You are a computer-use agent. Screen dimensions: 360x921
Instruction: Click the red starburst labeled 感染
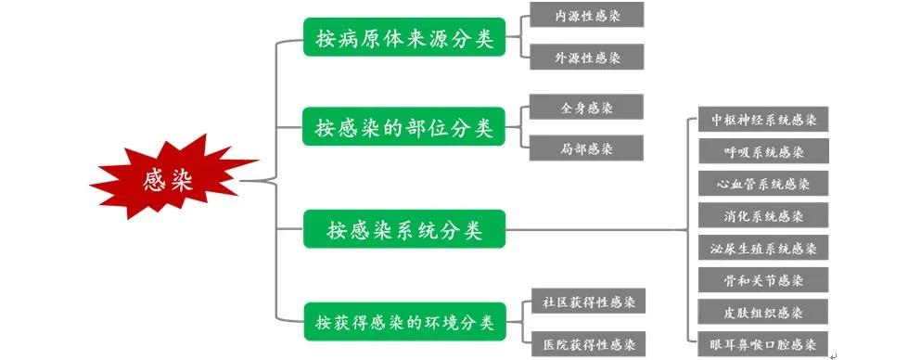point(171,180)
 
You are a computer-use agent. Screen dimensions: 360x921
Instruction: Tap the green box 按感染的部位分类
point(404,126)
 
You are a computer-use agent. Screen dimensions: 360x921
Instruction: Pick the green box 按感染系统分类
point(404,229)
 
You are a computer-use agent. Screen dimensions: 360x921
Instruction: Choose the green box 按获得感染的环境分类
point(404,322)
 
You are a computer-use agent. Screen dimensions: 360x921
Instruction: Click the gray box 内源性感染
point(586,15)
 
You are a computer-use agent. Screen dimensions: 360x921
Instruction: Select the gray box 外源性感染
point(586,58)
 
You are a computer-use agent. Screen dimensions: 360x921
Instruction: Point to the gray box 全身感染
point(586,107)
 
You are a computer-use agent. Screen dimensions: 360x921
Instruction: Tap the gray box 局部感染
point(586,148)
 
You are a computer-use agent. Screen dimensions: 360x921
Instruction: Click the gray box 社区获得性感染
point(589,301)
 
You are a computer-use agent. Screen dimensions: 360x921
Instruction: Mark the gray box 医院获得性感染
point(589,344)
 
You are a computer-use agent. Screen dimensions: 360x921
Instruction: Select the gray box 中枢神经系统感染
point(763,119)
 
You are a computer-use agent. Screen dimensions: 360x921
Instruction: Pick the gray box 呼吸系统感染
point(763,151)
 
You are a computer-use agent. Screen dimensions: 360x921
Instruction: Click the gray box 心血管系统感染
point(763,183)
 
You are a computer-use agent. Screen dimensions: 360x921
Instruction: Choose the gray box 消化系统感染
point(763,215)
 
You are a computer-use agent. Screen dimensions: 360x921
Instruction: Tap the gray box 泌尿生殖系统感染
point(763,248)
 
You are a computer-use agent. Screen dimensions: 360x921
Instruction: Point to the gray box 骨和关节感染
point(763,279)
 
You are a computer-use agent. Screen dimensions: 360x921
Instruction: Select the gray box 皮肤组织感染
point(763,312)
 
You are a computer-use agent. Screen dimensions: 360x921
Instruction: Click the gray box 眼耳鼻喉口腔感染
point(763,343)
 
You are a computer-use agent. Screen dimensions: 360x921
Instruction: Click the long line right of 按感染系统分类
point(594,229)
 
